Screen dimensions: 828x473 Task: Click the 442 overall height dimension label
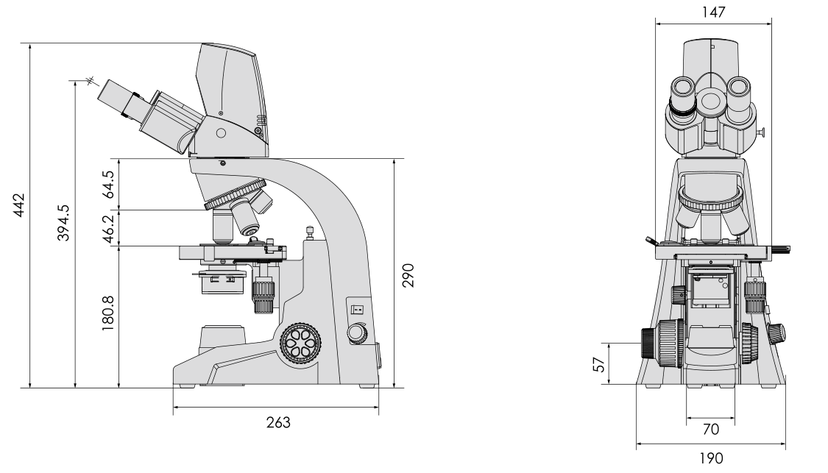coord(18,205)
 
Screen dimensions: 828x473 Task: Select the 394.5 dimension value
coord(63,223)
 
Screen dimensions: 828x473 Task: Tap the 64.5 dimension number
coord(107,184)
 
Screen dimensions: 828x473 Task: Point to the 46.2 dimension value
coord(107,229)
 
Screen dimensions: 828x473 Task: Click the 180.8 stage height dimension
coord(107,313)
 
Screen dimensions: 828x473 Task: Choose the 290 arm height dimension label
coord(408,275)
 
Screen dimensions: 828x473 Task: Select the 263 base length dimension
coord(278,422)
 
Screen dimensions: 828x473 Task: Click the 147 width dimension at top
coord(713,12)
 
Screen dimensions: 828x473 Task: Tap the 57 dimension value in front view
coord(599,364)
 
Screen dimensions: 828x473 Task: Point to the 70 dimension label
coord(711,429)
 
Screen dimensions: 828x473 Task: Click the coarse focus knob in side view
coord(300,344)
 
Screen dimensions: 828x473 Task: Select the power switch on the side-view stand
coord(358,310)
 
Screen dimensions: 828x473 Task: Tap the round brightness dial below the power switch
coord(357,333)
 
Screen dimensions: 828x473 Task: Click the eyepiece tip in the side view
coord(104,90)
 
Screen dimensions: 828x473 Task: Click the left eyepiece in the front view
coord(683,96)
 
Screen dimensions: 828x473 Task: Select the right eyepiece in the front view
coord(738,94)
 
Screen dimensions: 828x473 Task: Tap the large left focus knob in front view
coord(662,349)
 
